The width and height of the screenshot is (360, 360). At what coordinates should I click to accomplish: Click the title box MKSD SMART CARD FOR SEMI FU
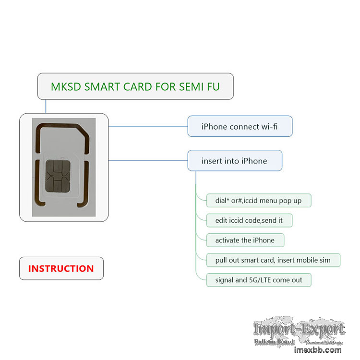[x=135, y=86]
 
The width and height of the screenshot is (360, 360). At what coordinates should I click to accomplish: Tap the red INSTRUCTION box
[x=61, y=269]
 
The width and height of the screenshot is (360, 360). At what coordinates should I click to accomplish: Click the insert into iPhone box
[x=234, y=161]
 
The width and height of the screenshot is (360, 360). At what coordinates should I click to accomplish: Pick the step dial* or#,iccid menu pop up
[x=259, y=200]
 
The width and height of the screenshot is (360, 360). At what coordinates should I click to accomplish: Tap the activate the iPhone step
[x=245, y=240]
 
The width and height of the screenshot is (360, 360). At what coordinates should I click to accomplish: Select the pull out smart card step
[x=273, y=260]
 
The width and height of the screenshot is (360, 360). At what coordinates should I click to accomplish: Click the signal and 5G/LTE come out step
[x=259, y=280]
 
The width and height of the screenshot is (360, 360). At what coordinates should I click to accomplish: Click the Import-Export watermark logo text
[x=299, y=329]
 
